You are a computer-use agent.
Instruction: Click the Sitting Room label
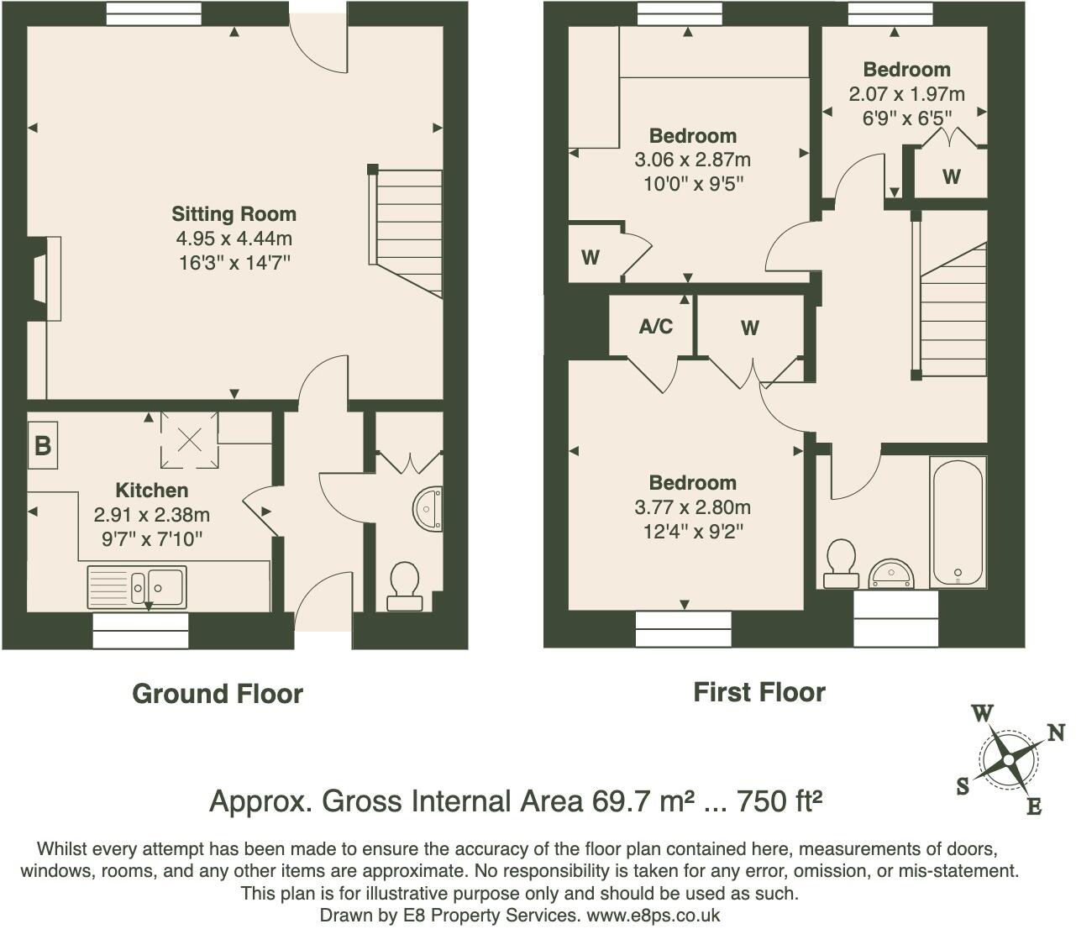coord(234,214)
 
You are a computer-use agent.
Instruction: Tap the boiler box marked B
coord(42,445)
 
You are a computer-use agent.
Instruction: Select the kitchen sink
coord(137,586)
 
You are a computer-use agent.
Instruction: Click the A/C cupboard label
coord(655,327)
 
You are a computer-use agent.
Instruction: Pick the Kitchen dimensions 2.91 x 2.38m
coord(151,515)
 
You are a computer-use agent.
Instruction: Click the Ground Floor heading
coord(218,694)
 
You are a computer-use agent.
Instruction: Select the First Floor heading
coord(758,692)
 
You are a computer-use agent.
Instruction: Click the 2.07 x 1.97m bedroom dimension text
coord(906,94)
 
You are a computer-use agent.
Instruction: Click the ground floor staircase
coord(407,231)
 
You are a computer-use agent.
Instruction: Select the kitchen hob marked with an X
coord(189,439)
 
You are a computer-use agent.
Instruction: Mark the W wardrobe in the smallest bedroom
coord(951,177)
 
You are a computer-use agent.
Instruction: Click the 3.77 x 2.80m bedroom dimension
coord(692,507)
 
